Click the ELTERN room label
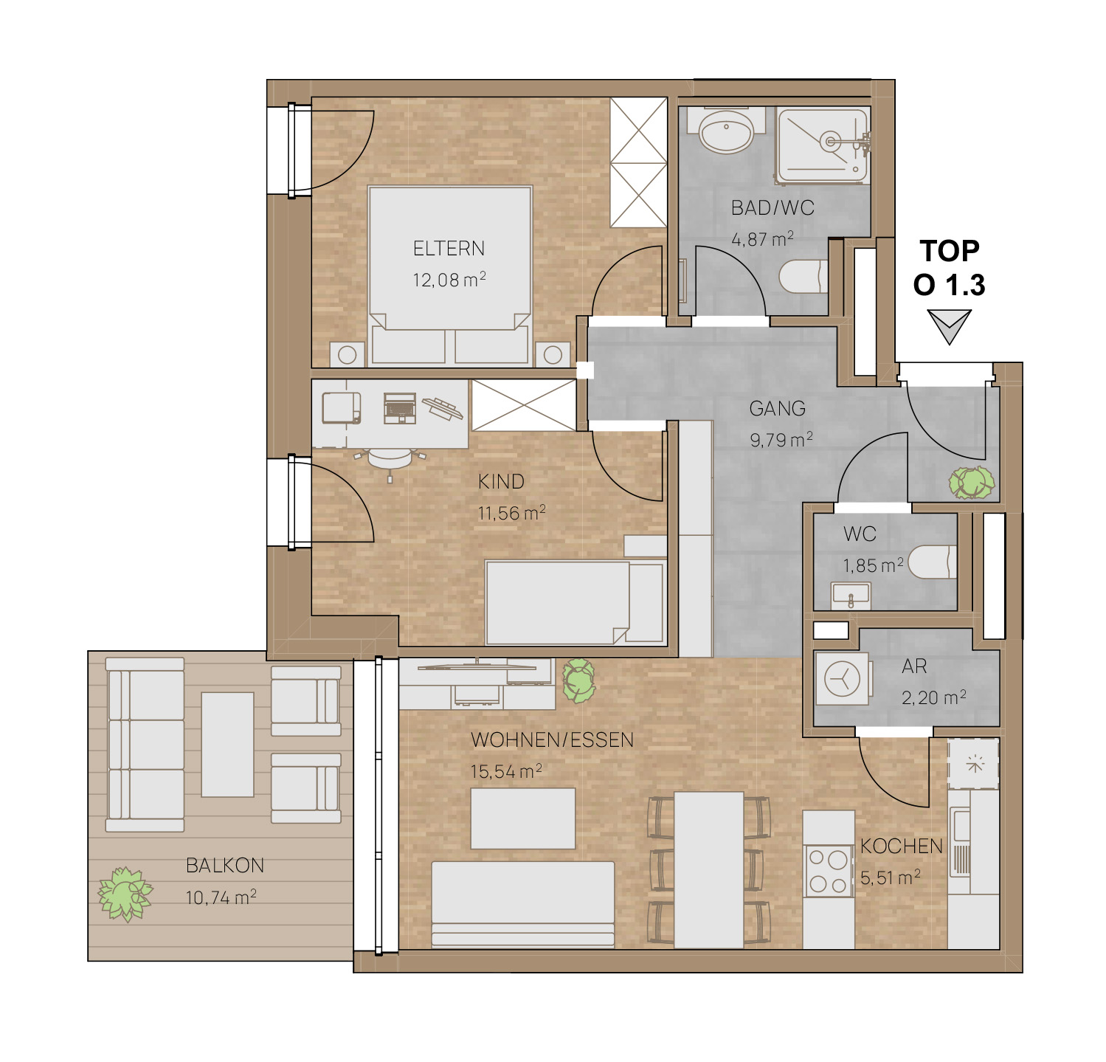coord(449,249)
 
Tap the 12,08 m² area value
coord(449,280)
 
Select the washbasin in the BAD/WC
coord(726,131)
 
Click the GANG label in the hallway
coord(777,408)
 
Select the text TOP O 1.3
coord(950,268)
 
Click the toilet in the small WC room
coord(933,562)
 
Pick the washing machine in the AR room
coord(842,677)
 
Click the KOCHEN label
coord(902,846)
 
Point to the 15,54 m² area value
coord(506,771)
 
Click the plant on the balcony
coord(125,894)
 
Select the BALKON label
coord(225,865)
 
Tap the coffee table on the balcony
coord(227,744)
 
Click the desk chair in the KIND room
coord(389,459)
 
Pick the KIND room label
coord(501,481)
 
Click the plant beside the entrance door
coord(972,483)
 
